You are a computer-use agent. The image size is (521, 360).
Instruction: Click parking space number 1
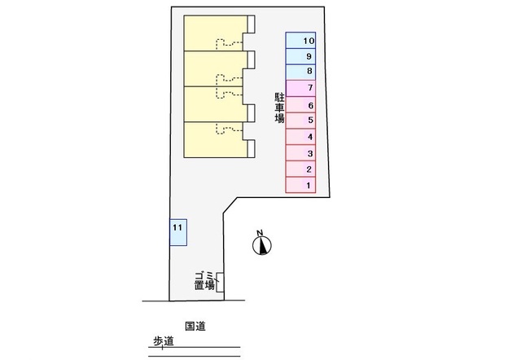tap(300, 186)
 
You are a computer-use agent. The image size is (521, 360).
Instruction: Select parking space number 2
tap(300, 169)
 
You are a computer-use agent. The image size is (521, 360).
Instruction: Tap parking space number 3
tap(300, 154)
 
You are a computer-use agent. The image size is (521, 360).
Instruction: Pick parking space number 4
tap(300, 138)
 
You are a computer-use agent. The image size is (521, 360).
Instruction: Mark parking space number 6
tap(300, 105)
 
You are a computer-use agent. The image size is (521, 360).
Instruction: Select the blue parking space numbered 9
tap(300, 56)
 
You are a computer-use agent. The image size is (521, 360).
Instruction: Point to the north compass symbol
tap(262, 244)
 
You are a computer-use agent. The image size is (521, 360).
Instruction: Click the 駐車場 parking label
tap(279, 107)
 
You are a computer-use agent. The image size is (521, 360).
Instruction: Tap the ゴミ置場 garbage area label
tap(204, 280)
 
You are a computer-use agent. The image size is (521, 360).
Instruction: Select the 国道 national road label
tap(195, 326)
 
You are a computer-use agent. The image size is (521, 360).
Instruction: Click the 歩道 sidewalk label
tap(164, 343)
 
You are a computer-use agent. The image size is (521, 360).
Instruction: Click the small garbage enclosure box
tap(221, 282)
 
